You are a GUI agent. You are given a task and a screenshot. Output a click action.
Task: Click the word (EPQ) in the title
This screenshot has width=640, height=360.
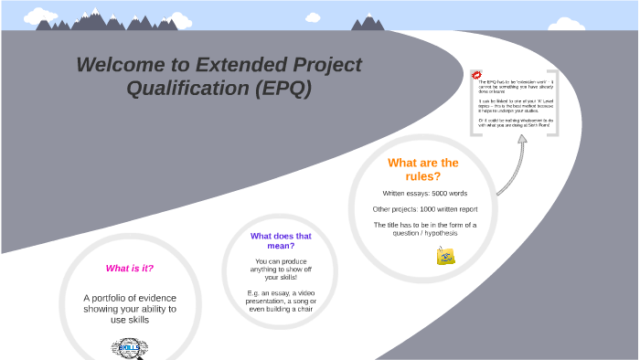tap(283, 89)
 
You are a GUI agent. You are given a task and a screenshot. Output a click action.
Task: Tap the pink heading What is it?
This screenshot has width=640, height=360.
tap(130, 269)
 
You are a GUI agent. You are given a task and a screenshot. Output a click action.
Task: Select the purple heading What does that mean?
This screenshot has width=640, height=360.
tap(281, 240)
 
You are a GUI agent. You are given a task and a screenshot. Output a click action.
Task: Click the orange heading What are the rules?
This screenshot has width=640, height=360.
tap(422, 169)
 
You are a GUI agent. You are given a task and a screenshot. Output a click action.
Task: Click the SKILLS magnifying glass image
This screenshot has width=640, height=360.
tap(129, 348)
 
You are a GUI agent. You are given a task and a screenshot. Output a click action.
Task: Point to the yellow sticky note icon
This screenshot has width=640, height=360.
tap(446, 257)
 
